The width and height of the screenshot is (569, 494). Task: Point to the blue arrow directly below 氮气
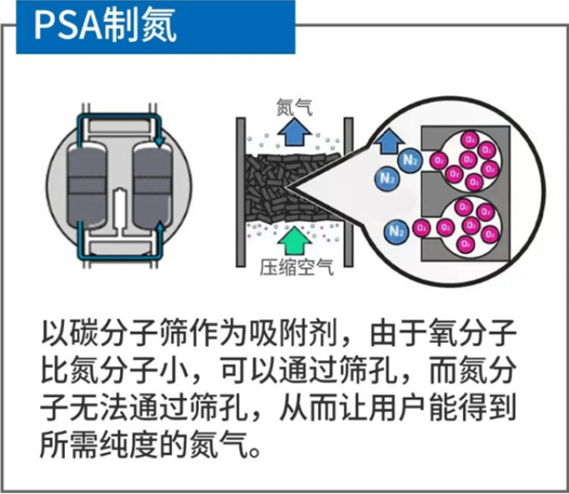coord(292,132)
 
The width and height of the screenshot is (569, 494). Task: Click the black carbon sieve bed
coord(293,185)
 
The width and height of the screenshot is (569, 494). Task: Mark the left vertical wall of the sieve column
coord(241,189)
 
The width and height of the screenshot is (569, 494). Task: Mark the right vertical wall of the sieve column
coord(348,189)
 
